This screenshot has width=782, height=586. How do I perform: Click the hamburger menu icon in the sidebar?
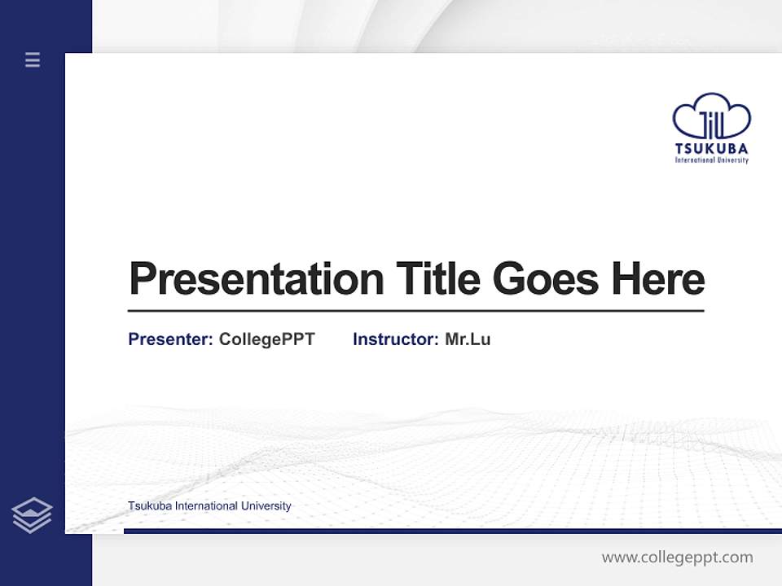(33, 59)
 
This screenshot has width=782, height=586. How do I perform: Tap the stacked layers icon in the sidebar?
(32, 515)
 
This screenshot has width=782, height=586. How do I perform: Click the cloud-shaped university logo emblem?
(711, 116)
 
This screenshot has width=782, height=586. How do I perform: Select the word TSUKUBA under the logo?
(711, 149)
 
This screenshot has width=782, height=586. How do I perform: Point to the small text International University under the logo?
(711, 160)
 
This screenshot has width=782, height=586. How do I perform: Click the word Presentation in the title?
(256, 279)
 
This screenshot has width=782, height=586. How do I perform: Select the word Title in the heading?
(438, 278)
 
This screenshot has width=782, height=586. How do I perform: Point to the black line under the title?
(415, 311)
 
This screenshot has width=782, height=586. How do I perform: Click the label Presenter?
(170, 339)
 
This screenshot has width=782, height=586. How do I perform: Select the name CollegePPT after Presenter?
(266, 339)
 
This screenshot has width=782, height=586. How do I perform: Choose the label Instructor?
(396, 339)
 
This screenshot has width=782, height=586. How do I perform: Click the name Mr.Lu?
(468, 339)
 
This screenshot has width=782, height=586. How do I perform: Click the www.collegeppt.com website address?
(677, 558)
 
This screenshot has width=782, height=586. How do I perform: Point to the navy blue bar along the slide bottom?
(452, 531)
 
